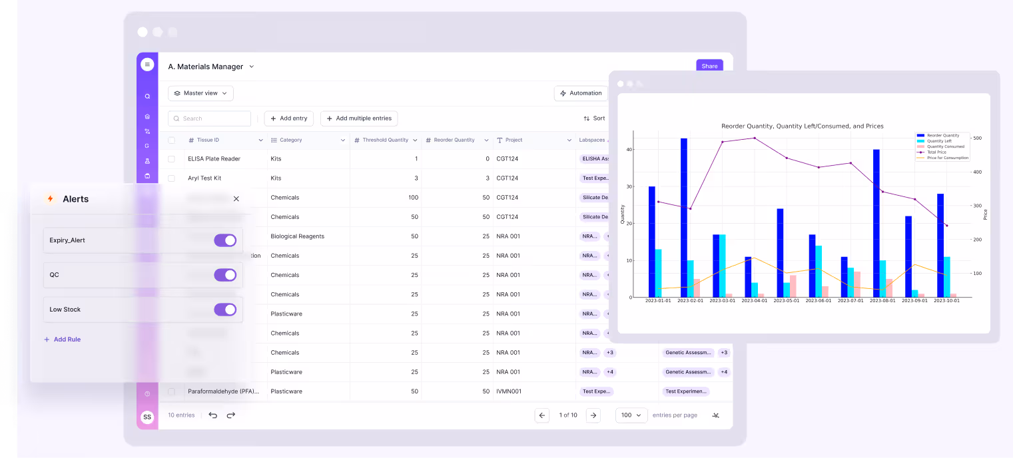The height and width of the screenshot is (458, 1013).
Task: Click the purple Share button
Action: click(x=709, y=66)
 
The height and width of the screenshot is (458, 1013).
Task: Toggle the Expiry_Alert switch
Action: click(x=225, y=240)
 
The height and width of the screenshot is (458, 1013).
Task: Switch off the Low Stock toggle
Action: click(x=225, y=310)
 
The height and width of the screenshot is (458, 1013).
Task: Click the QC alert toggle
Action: click(x=225, y=275)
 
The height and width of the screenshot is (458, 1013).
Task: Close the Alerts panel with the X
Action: click(x=236, y=199)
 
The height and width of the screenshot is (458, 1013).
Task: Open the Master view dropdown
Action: click(x=200, y=93)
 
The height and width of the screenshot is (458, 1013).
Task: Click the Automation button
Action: click(x=581, y=93)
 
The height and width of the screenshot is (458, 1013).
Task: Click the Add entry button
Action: click(x=289, y=118)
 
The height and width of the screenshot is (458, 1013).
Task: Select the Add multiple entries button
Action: click(x=359, y=118)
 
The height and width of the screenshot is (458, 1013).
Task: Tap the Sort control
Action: click(x=594, y=118)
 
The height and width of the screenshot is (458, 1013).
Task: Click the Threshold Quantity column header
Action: click(x=385, y=140)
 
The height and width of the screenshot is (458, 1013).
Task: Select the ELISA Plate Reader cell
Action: click(x=214, y=159)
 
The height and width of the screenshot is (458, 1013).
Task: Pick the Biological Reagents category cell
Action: click(x=297, y=236)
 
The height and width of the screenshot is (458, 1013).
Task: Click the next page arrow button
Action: click(x=593, y=415)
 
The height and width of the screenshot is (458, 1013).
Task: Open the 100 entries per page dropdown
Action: click(x=631, y=415)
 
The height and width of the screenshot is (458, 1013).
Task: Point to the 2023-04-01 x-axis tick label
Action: click(x=754, y=301)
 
